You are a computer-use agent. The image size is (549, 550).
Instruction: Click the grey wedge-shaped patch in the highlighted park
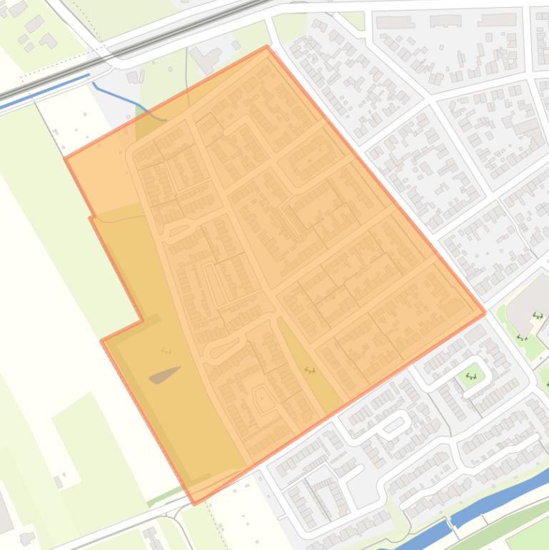pyautogui.click(x=165, y=374)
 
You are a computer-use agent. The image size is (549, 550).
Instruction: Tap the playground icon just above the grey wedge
pyautogui.click(x=166, y=350)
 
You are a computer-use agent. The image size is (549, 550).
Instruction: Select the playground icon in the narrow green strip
pyautogui.click(x=309, y=370)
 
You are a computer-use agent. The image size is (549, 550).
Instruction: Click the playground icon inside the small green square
pyautogui.click(x=471, y=375)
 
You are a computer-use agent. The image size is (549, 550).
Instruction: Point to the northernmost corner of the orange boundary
pyautogui.click(x=267, y=46)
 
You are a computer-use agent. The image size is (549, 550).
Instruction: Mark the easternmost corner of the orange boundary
pyautogui.click(x=485, y=312)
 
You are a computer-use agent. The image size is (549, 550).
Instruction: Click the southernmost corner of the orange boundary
pyautogui.click(x=194, y=504)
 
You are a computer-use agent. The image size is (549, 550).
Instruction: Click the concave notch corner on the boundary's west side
pyautogui.click(x=142, y=320)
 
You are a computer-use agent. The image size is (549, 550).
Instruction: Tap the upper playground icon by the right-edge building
pyautogui.click(x=538, y=316)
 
